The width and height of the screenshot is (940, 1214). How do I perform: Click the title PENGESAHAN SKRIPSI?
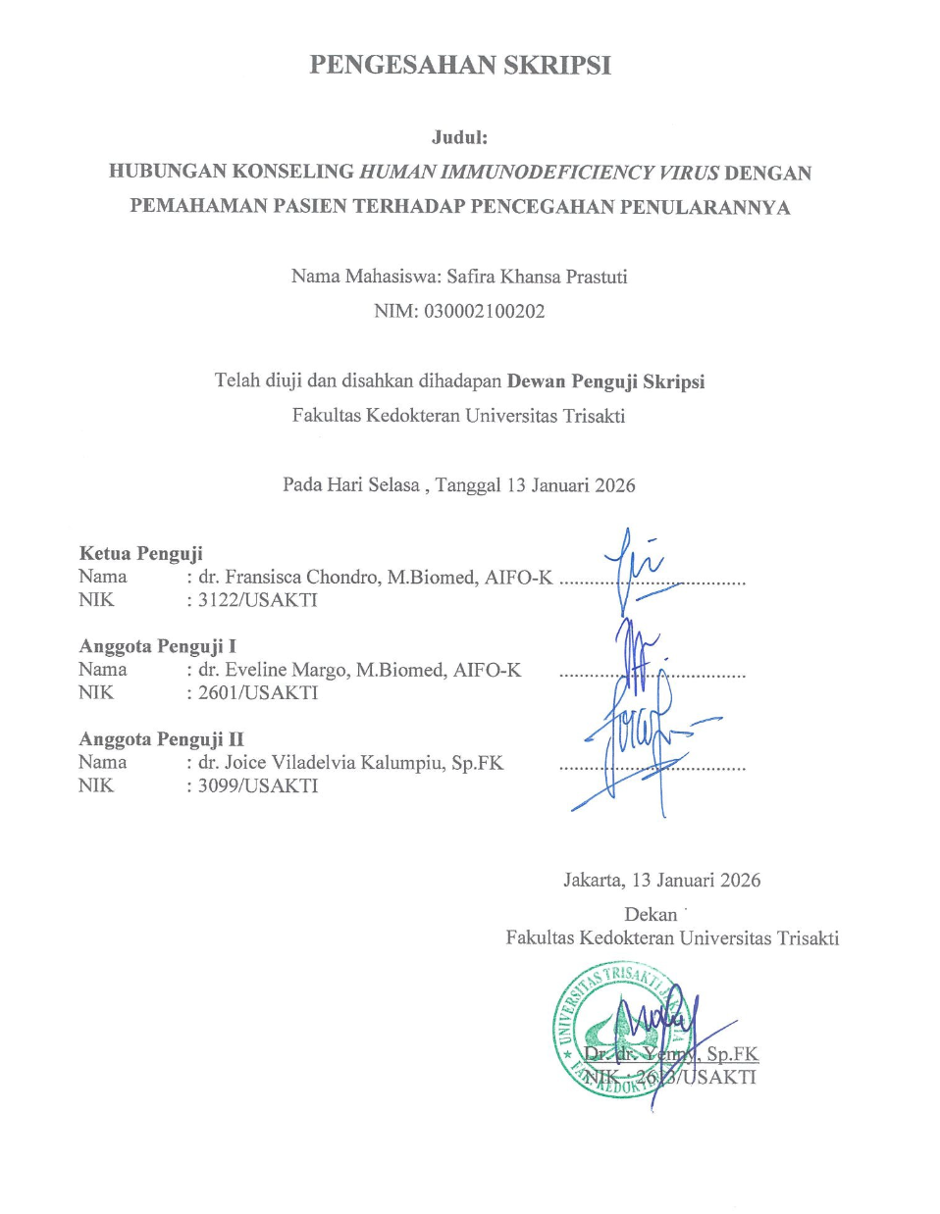point(460,66)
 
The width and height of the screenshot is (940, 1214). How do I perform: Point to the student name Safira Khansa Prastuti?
point(537,277)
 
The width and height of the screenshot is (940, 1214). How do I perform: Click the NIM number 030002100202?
point(484,312)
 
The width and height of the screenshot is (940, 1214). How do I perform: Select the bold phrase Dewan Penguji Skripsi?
point(605,381)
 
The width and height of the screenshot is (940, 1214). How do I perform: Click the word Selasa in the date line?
point(392,485)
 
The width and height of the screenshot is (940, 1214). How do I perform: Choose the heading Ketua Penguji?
point(140,554)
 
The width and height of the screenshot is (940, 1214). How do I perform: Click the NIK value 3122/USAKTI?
point(257,600)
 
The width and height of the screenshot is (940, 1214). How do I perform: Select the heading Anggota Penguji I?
point(157,646)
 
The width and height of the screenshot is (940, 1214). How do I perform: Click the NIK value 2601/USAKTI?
point(257,693)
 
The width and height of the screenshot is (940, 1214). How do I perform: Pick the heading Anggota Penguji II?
point(161,739)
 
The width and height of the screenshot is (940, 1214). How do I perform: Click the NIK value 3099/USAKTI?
point(257,785)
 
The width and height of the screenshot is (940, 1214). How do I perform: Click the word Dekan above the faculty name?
point(651,915)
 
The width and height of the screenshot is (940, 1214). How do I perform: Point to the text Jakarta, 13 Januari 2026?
point(661,881)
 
